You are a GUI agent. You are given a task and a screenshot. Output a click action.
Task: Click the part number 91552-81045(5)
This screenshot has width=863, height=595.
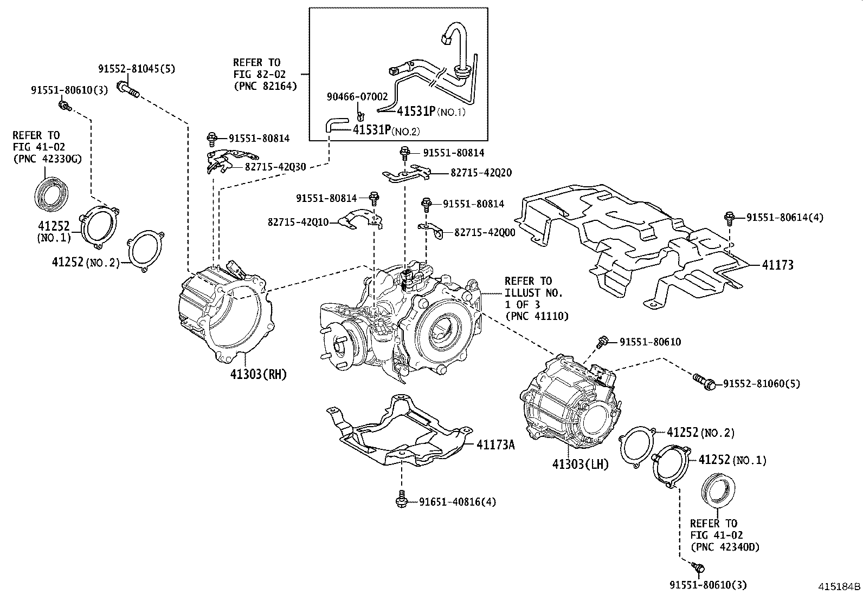click(x=137, y=69)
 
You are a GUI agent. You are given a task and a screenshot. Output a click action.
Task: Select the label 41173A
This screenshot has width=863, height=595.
click(x=495, y=445)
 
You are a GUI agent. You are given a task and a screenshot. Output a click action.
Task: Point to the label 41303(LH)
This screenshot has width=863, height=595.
click(x=581, y=464)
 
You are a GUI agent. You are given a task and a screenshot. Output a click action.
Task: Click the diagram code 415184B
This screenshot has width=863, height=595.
click(x=839, y=586)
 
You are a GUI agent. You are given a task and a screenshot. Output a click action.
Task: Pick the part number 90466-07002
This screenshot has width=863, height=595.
click(x=357, y=97)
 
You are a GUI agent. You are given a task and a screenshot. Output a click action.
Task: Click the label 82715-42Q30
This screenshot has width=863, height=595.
click(x=275, y=167)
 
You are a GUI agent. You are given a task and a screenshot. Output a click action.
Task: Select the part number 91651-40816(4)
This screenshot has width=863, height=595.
click(x=457, y=502)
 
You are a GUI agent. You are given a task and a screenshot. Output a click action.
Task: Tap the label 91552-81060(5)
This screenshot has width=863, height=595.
click(x=762, y=384)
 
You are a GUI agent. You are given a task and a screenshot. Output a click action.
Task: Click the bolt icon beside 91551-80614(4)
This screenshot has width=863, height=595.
click(x=730, y=218)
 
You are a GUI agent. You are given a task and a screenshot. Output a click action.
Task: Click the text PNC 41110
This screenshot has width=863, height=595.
click(x=537, y=316)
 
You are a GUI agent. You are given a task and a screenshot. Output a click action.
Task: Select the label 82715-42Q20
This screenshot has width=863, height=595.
click(x=480, y=173)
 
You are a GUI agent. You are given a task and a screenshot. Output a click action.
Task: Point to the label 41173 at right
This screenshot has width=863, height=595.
click(x=777, y=265)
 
